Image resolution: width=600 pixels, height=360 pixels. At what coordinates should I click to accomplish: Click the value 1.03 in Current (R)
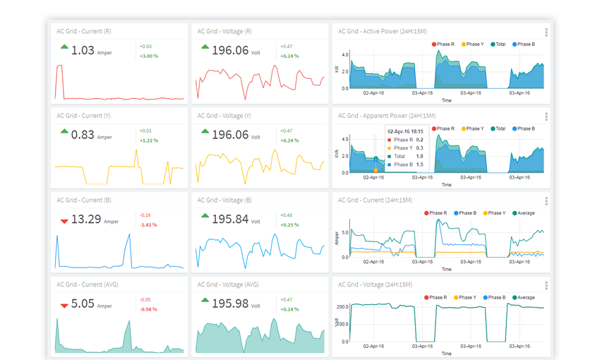[83, 50]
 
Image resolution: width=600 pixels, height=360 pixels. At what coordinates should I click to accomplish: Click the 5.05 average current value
[83, 304]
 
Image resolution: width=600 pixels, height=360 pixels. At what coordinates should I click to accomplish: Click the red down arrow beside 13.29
[64, 221]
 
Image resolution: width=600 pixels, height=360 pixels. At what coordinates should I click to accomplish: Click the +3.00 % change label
[148, 56]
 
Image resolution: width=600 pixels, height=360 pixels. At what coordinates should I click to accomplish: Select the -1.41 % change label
[148, 225]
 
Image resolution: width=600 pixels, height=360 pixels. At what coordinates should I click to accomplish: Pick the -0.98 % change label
[148, 310]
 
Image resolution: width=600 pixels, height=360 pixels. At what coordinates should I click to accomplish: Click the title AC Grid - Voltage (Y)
[224, 115]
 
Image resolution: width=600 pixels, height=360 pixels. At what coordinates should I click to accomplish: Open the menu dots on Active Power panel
[546, 32]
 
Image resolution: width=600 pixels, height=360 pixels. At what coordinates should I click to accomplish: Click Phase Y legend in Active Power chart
[473, 44]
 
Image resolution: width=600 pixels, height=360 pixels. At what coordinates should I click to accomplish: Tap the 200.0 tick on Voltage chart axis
[342, 306]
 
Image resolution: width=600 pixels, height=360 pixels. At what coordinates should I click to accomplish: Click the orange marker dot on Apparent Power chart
[376, 170]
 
